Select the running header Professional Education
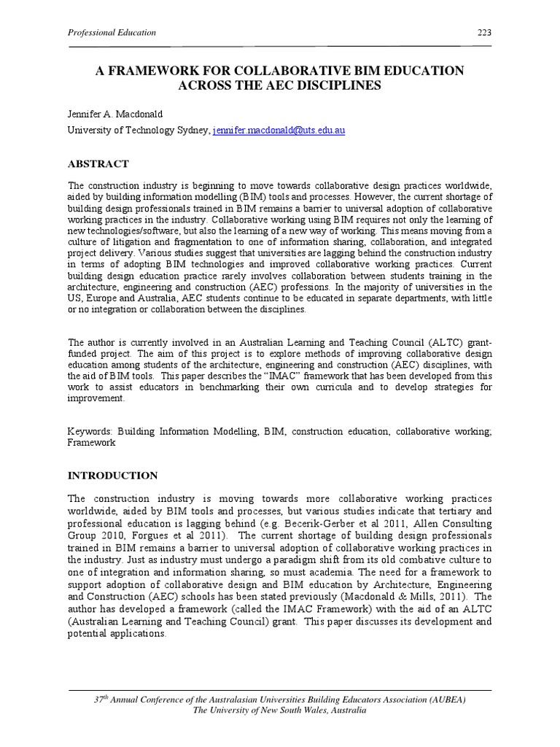point(111,33)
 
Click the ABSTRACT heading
point(98,163)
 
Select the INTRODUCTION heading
point(112,475)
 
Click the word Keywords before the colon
point(90,432)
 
